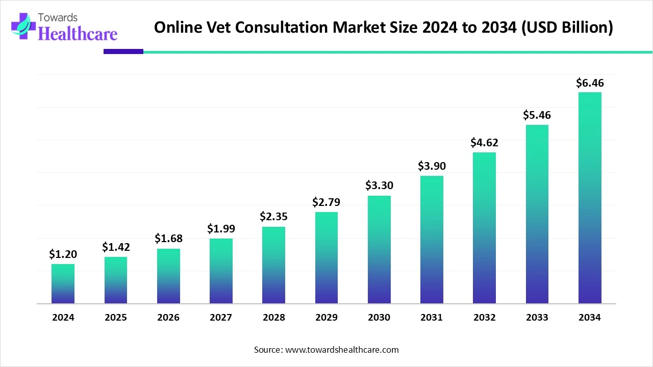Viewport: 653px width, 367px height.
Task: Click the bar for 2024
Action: [63, 284]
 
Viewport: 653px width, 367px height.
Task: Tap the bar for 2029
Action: [326, 258]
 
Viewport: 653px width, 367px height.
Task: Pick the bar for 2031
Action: [432, 240]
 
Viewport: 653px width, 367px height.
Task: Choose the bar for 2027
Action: [221, 271]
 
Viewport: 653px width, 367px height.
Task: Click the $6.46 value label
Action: [590, 83]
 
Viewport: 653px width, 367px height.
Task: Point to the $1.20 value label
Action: [63, 254]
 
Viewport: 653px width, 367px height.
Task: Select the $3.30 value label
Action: [379, 186]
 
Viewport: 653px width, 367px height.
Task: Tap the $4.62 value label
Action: [484, 142]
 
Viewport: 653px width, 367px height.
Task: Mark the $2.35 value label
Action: [273, 217]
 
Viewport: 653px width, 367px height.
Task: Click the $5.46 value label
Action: [537, 115]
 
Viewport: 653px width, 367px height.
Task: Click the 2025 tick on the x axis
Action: [116, 318]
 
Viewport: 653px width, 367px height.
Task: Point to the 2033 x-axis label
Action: [537, 318]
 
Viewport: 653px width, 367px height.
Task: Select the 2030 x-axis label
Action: [379, 318]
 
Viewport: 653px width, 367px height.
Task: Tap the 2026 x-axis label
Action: [168, 318]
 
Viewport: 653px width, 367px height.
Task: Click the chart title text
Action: [383, 28]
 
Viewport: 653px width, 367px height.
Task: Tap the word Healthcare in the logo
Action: [78, 34]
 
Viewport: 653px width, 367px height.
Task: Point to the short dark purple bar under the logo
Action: [123, 51]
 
